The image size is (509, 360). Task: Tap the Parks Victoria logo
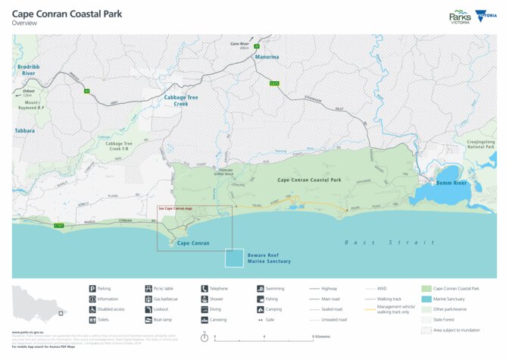tap(460, 17)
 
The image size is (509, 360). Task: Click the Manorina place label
tap(267, 57)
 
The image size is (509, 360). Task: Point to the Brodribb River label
tap(27, 70)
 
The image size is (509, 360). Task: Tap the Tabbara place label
tap(24, 130)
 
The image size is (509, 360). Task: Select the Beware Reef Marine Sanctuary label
tap(269, 258)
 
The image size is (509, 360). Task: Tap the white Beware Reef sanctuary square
tap(235, 258)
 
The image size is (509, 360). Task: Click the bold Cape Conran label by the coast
tap(193, 243)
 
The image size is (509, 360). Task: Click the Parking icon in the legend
tap(92, 289)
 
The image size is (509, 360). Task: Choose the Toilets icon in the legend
tap(92, 320)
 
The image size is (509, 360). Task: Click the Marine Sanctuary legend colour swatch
tap(426, 299)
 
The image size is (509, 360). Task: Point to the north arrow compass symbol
tap(205, 336)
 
